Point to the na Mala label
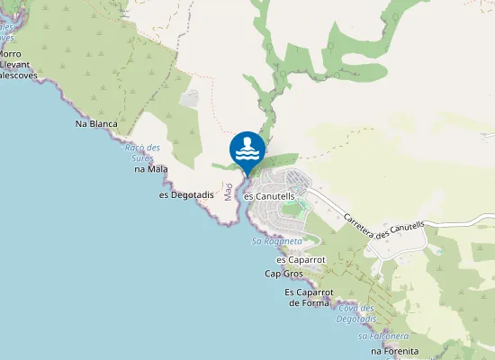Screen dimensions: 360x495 (x=151, y=168)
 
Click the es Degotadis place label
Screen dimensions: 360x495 (x=186, y=194)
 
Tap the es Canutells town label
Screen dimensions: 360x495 (x=270, y=196)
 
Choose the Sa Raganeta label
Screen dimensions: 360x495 (x=276, y=241)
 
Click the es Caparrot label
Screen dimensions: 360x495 (x=301, y=259)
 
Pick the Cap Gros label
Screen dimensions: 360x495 (x=284, y=273)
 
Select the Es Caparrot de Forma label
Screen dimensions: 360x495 (x=310, y=298)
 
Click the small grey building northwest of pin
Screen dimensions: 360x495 (x=189, y=98)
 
